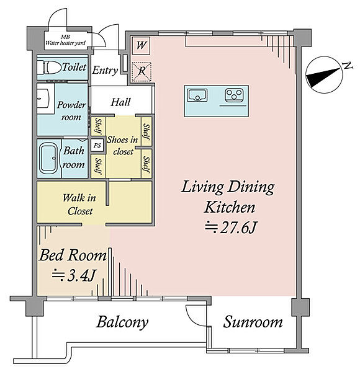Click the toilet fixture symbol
point(49,68)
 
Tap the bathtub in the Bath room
point(48,158)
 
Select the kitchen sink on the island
point(197,95)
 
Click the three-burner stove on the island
point(234,95)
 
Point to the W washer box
point(141,45)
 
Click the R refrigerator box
point(142,71)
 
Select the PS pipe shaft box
point(97,145)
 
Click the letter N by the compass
point(348,66)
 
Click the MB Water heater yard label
point(66,40)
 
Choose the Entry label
point(105,71)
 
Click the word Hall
point(120,102)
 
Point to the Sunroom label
point(253,322)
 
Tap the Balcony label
point(122,322)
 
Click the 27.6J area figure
point(231,228)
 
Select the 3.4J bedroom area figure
point(74,276)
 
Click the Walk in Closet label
point(79,204)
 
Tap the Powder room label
point(71,111)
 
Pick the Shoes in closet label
point(122,146)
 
